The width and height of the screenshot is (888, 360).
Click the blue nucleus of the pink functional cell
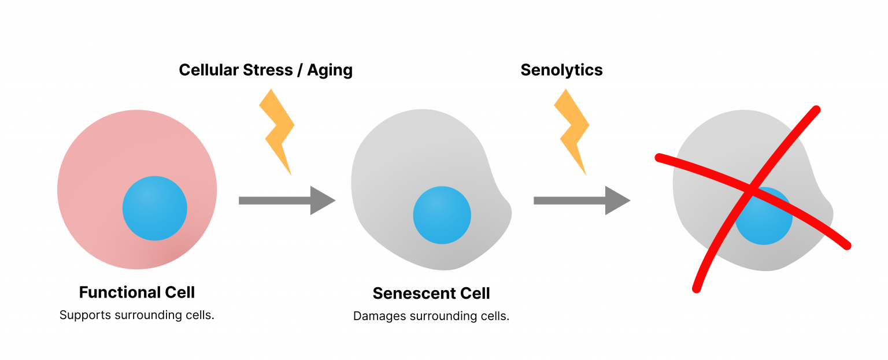[x=154, y=208]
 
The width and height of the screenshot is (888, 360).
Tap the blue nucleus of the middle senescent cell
[x=442, y=215]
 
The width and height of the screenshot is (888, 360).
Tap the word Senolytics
[x=561, y=70]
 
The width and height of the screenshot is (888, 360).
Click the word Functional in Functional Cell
[x=119, y=292]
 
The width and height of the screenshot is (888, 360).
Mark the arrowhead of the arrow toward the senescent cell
[x=323, y=201]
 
